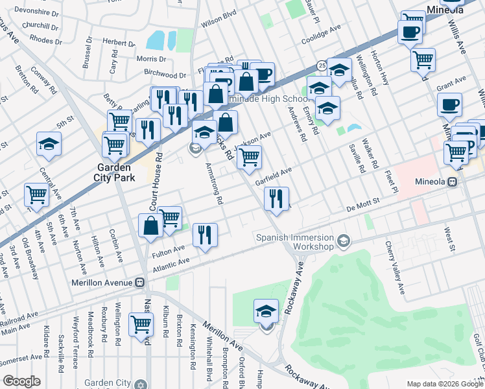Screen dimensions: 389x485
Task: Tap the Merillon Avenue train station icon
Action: tap(139, 283)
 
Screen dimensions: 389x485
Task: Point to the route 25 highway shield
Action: tap(322, 65)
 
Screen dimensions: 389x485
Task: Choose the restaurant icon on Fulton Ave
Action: tap(205, 235)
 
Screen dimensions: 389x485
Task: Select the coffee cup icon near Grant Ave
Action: tap(449, 105)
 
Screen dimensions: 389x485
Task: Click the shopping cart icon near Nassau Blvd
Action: tap(141, 324)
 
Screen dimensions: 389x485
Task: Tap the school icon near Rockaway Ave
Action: tap(266, 311)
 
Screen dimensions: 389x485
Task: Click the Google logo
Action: tap(21, 381)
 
